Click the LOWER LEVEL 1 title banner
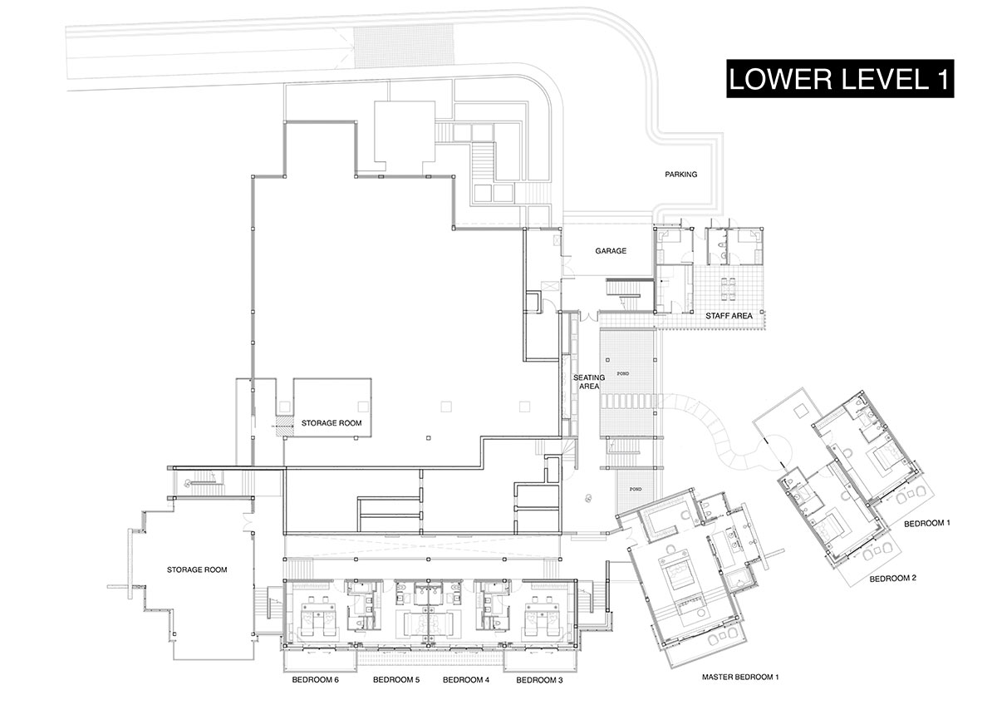tap(840, 78)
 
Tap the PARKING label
tap(680, 175)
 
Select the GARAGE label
tap(611, 251)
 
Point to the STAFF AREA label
tap(729, 316)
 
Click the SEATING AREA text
tap(589, 382)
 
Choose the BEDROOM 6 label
tap(315, 680)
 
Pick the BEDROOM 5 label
tap(396, 680)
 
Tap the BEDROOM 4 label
tap(466, 680)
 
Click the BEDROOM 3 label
tap(539, 680)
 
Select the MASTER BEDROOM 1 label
tap(740, 677)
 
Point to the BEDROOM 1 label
tap(927, 523)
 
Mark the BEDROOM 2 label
tap(893, 579)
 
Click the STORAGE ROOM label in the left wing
tap(197, 569)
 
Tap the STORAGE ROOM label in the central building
tap(332, 423)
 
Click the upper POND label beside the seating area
tap(622, 373)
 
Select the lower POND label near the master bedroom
tap(635, 489)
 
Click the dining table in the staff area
tap(728, 288)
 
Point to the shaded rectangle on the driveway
tap(404, 46)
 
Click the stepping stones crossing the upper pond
tap(628, 401)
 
